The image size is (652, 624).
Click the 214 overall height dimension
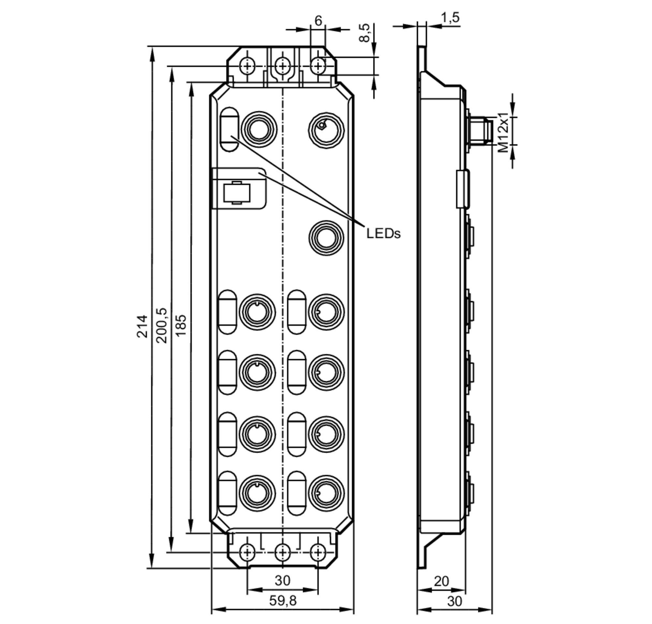[142, 326]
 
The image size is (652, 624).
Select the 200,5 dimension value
[162, 325]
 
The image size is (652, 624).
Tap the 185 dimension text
[181, 325]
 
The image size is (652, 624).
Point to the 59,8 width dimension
[282, 601]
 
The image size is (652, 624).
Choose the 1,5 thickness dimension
[450, 18]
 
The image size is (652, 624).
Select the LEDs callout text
[383, 234]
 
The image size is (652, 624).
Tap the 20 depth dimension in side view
[441, 581]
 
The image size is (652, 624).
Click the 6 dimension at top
[318, 21]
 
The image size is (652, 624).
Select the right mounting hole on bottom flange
[318, 553]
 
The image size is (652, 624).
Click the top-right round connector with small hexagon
[326, 130]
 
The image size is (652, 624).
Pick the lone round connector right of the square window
[326, 238]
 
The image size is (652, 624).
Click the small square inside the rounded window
[236, 192]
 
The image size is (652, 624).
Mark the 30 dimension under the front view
[282, 580]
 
